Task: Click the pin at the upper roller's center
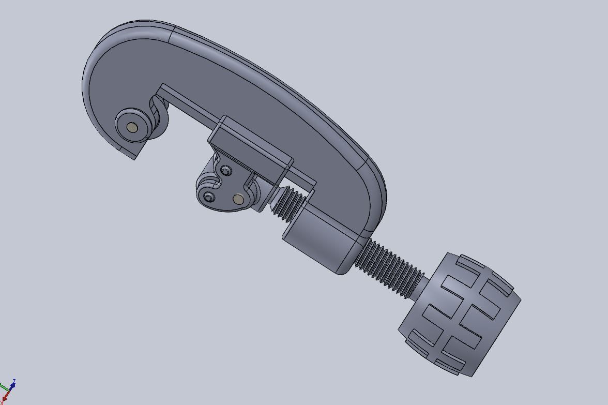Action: click(132, 127)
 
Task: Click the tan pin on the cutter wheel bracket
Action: click(238, 199)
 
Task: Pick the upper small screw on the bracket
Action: click(226, 170)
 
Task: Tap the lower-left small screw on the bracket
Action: click(209, 197)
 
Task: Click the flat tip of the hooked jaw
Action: click(129, 153)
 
